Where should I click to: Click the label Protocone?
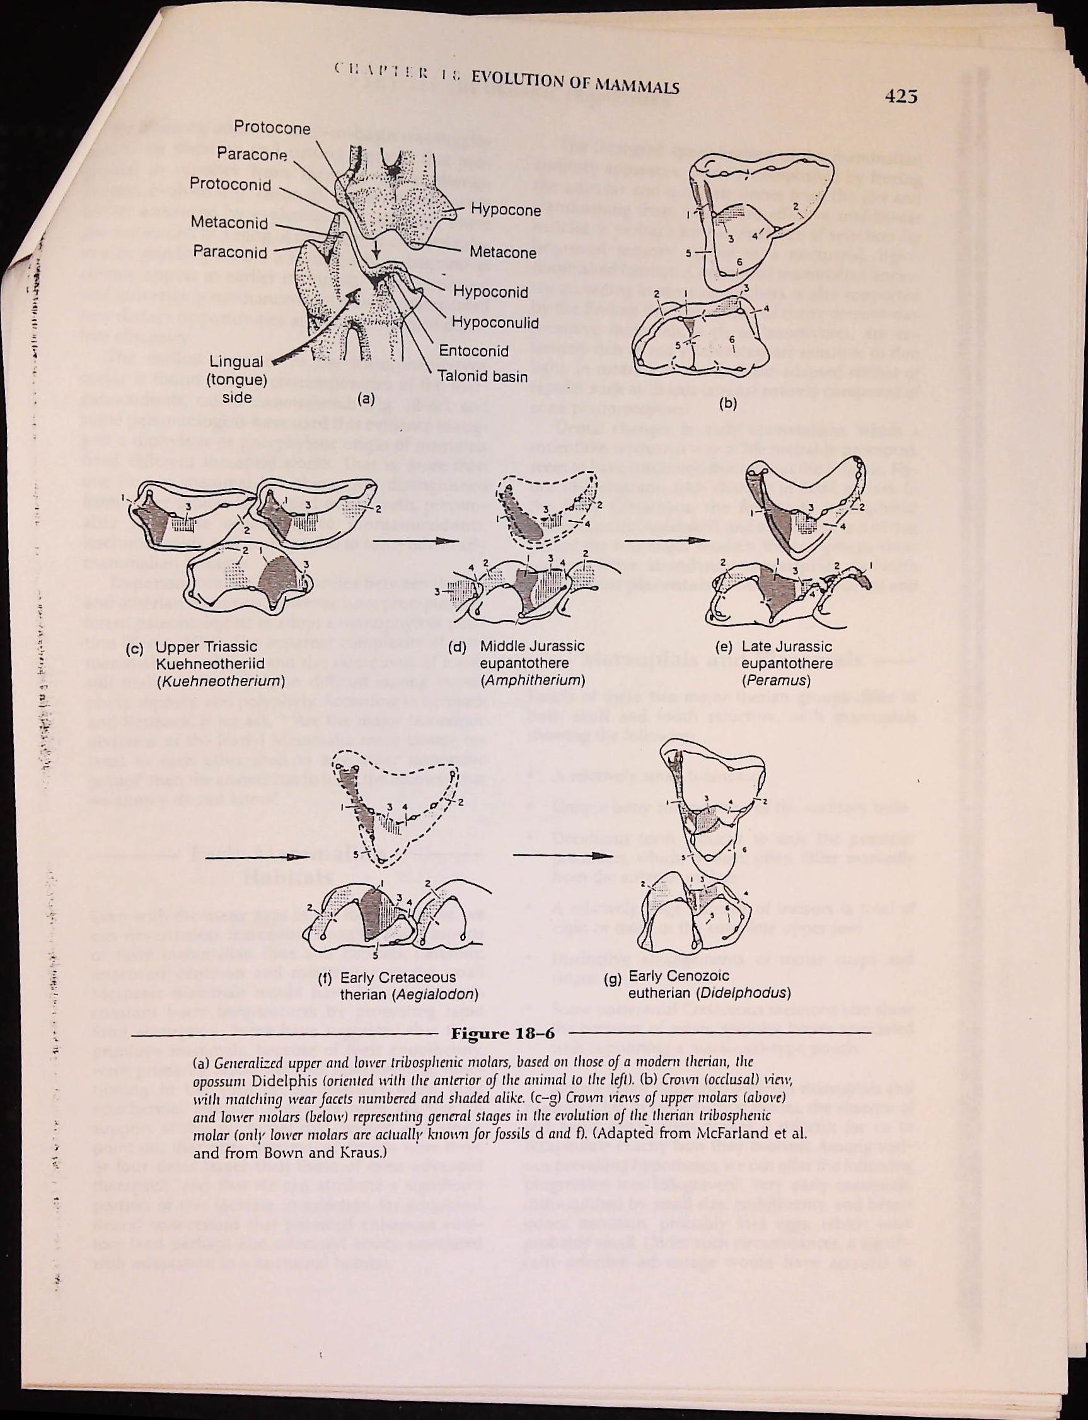click(x=272, y=127)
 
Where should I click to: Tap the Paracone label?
click(x=252, y=154)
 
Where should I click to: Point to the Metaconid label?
click(x=229, y=223)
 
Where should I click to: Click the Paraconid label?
click(x=230, y=252)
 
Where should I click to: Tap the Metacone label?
click(x=502, y=252)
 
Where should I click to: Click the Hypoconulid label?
click(x=495, y=322)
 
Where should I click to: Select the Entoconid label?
click(x=473, y=351)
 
